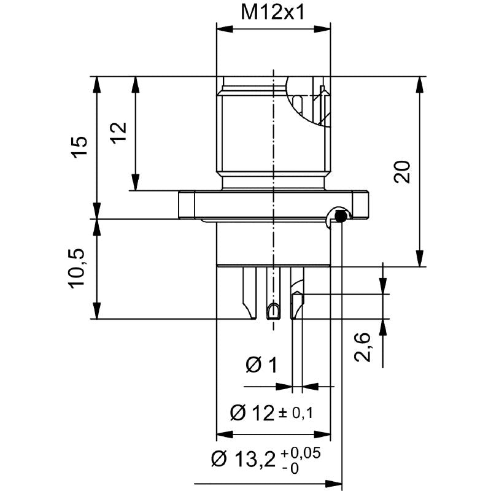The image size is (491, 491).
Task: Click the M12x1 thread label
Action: click(x=273, y=13)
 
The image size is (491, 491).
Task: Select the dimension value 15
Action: click(x=80, y=147)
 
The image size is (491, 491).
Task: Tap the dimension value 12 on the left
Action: click(x=118, y=133)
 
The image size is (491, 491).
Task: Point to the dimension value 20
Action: click(x=402, y=172)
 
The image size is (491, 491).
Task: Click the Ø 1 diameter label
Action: click(x=261, y=366)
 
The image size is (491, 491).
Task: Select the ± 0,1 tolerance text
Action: click(x=296, y=414)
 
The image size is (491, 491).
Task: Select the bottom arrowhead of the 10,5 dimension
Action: click(x=96, y=312)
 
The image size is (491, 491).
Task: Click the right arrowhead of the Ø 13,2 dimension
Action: click(x=335, y=482)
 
